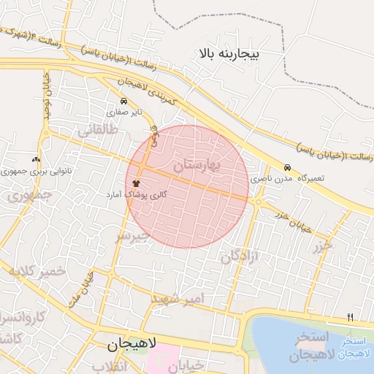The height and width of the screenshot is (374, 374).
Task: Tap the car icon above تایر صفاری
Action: pyautogui.click(x=123, y=102)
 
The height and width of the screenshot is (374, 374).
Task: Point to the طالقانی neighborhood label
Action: pyautogui.click(x=96, y=132)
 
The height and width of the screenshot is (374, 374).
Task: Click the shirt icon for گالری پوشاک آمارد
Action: pyautogui.click(x=136, y=183)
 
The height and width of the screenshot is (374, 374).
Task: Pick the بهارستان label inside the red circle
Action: pyautogui.click(x=197, y=166)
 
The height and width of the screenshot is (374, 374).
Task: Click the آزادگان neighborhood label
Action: pyautogui.click(x=242, y=256)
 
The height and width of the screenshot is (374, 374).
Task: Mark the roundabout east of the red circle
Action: pyautogui.click(x=258, y=201)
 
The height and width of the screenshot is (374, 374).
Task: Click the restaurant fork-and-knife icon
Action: pyautogui.click(x=350, y=317)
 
